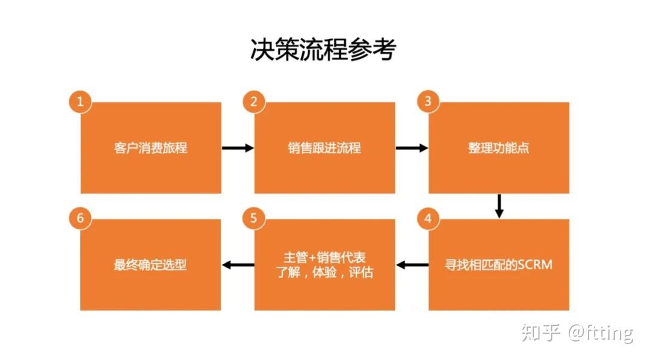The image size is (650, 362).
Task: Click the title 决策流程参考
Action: tap(323, 51)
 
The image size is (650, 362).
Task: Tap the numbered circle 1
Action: tap(80, 102)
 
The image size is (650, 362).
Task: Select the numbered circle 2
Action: tap(253, 102)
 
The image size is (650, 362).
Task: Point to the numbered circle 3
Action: tap(428, 102)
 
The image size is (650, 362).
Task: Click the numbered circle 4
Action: tap(428, 218)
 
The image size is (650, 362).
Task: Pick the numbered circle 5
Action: tap(253, 218)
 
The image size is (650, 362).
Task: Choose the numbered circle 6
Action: tap(80, 218)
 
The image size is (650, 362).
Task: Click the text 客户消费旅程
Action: tap(150, 147)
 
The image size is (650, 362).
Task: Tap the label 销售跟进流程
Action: tap(324, 147)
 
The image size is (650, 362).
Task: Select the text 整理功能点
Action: tap(498, 147)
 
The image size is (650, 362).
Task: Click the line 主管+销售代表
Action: tap(324, 257)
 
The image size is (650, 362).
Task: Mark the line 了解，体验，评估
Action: tap(324, 272)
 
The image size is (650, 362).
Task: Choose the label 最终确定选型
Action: tap(150, 265)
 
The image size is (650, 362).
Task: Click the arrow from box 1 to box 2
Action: tap(238, 147)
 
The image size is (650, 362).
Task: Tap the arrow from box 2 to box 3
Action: tap(412, 147)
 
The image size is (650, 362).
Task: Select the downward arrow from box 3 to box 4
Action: tap(498, 206)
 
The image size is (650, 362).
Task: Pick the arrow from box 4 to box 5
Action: tap(412, 265)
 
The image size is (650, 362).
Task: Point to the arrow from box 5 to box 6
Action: tap(238, 265)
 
